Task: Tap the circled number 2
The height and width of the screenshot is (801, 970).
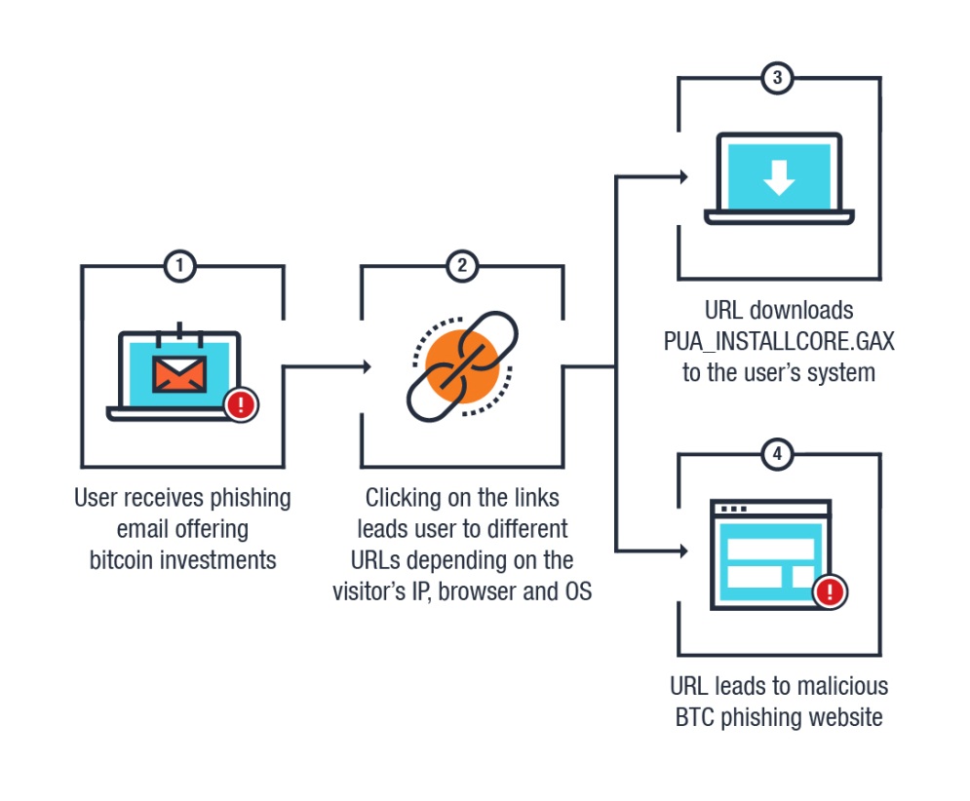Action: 461,265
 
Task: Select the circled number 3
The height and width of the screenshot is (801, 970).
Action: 776,79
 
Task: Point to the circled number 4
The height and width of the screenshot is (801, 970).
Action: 776,453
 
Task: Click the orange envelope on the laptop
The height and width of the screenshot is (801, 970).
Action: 178,374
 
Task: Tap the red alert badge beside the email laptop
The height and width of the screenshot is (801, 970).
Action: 241,403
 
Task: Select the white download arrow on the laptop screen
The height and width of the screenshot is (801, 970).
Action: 778,176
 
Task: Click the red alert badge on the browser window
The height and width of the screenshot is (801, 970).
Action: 830,591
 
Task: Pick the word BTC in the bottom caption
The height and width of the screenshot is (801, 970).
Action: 698,717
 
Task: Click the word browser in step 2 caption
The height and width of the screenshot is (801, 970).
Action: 479,591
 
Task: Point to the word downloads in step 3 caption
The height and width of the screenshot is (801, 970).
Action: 805,311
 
